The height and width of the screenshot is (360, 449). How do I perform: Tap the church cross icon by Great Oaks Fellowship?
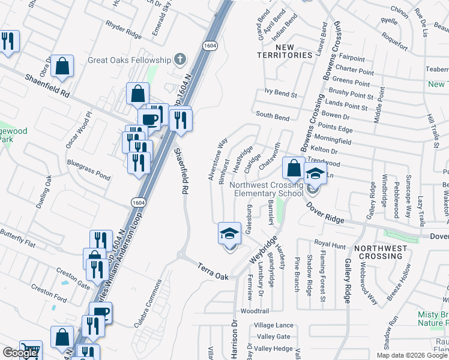pyautogui.click(x=179, y=59)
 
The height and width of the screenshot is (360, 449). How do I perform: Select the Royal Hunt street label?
pyautogui.click(x=330, y=245)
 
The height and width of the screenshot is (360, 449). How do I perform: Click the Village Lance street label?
pyautogui.click(x=273, y=325)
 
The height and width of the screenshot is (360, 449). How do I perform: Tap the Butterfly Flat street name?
pyautogui.click(x=18, y=235)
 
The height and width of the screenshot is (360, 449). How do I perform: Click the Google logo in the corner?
pyautogui.click(x=20, y=353)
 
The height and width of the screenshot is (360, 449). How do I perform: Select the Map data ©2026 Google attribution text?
pyautogui.click(x=412, y=355)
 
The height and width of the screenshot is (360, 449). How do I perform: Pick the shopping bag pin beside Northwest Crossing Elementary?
pyautogui.click(x=293, y=169)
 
